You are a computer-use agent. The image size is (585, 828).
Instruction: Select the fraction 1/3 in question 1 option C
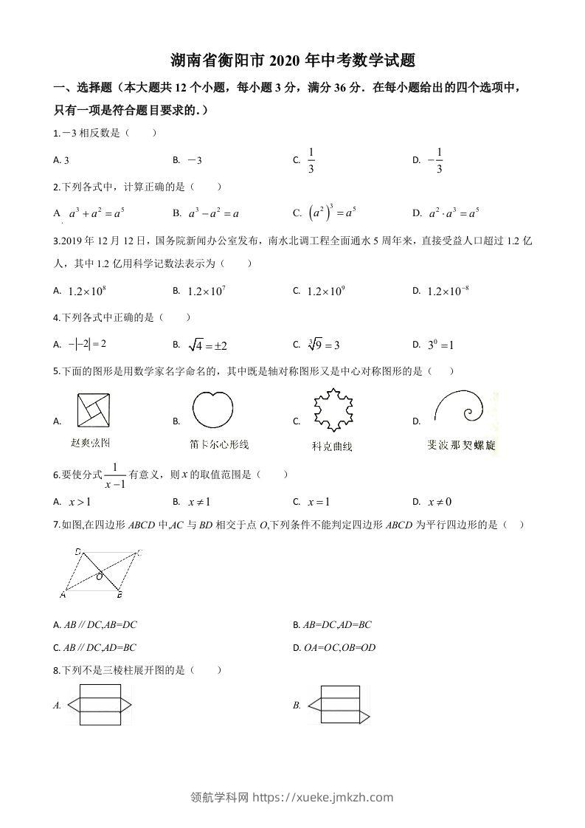pos(311,160)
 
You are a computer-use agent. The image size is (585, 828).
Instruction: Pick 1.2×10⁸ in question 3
pos(88,291)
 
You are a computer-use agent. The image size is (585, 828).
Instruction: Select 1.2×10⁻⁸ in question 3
pos(448,291)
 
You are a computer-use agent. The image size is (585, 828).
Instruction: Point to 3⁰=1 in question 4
pos(440,345)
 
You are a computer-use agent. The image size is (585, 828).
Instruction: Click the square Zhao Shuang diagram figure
pos(93,411)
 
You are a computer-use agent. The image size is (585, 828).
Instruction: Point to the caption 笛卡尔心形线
pos(219,444)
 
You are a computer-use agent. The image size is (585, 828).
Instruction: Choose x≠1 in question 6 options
pos(198,502)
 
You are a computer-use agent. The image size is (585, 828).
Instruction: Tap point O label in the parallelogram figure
pos(99,577)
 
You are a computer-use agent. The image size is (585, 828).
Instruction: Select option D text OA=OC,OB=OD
pos(339,647)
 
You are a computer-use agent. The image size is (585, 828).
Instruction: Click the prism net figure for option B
pos(339,705)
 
